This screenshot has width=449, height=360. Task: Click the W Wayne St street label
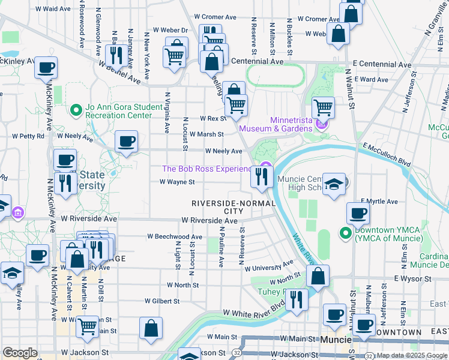[x=177, y=182]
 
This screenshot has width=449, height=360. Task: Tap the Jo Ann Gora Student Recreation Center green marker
[x=76, y=110]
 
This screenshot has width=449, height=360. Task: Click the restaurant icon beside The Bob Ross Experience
[x=262, y=176]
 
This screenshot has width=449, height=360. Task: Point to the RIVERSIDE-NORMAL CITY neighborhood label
[x=234, y=207]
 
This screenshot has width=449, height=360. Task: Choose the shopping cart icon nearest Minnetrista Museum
[x=323, y=108]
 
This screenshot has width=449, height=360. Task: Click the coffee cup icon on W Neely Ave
[x=126, y=142]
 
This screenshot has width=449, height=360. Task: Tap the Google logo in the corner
[x=20, y=353]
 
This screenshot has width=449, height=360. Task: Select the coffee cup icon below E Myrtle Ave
[x=358, y=214]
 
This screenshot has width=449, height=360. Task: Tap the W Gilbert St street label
[x=163, y=301]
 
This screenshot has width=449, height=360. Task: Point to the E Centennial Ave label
[x=382, y=64]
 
